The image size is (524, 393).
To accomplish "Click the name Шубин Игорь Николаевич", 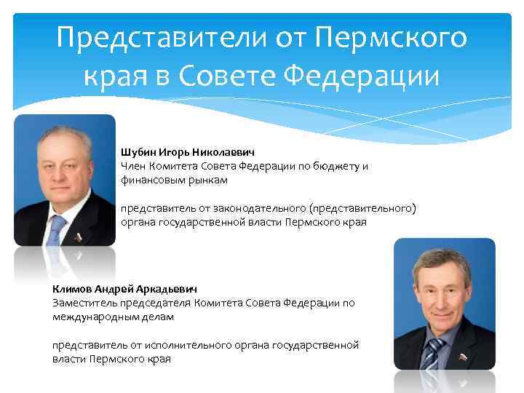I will point(187,152).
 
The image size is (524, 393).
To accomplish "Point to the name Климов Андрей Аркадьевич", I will point(124,288).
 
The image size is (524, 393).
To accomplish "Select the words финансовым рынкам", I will point(174,179).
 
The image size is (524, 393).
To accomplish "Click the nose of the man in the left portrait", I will point(55,172).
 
